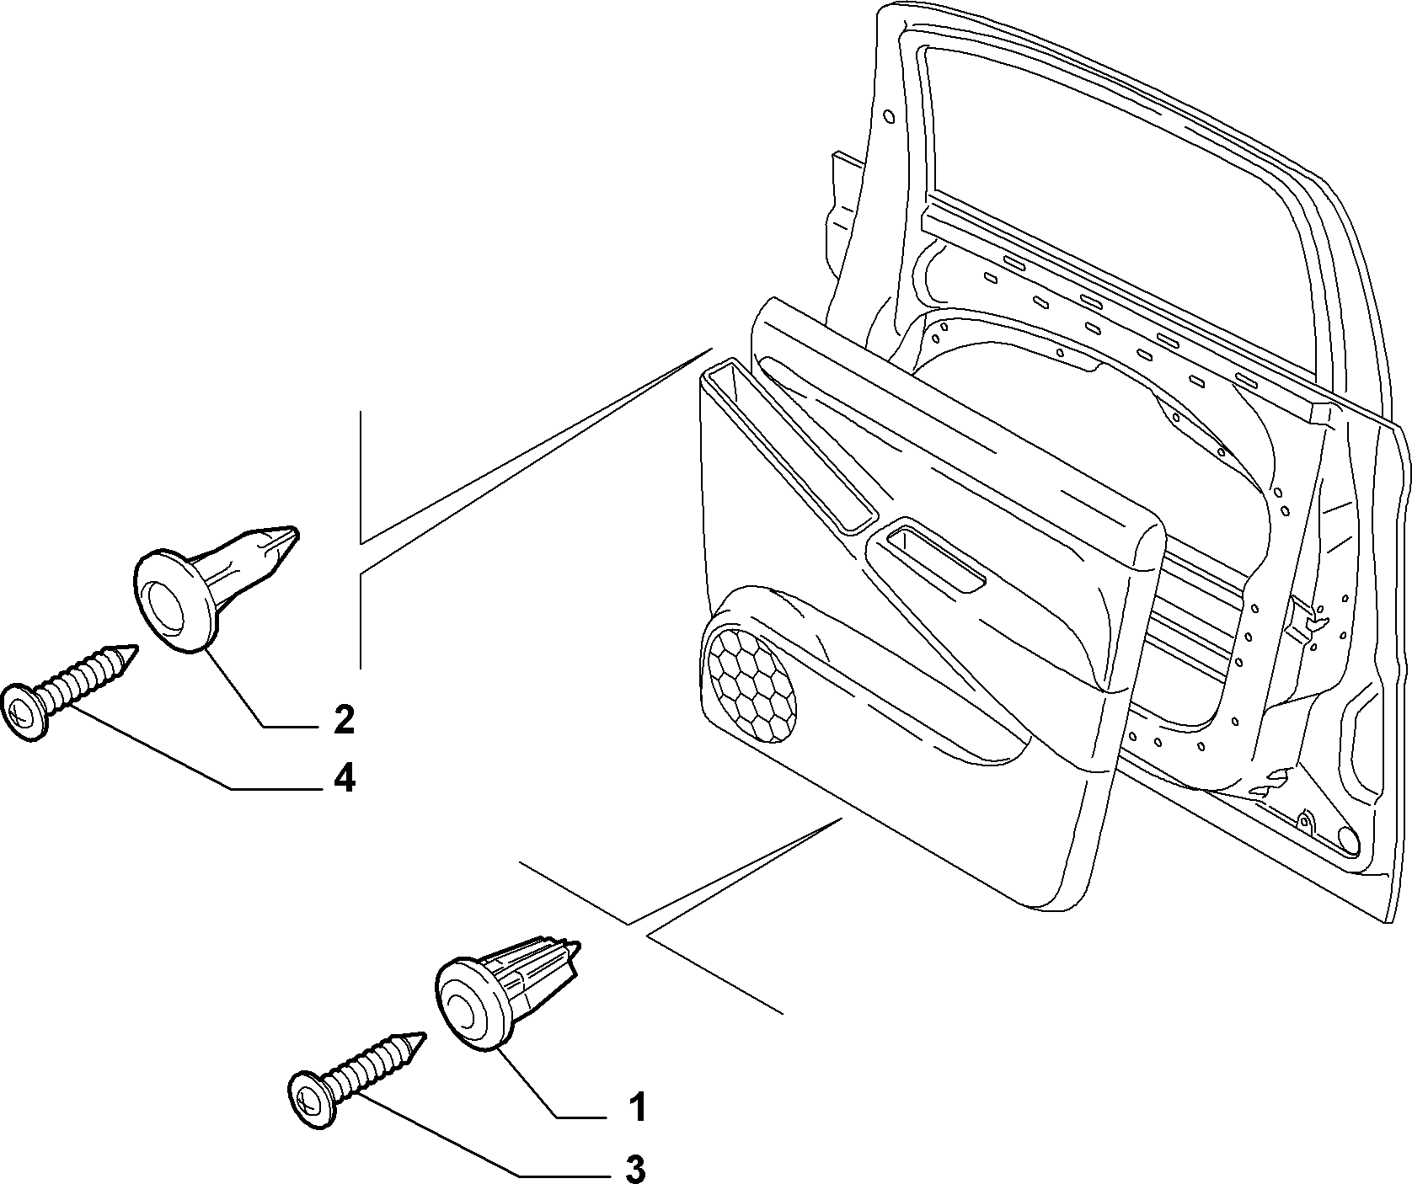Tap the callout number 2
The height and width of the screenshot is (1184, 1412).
(x=343, y=720)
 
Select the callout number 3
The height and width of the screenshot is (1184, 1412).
(x=636, y=1169)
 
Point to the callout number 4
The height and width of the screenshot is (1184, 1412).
(x=344, y=779)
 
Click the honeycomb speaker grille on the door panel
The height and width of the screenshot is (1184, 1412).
(x=751, y=683)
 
